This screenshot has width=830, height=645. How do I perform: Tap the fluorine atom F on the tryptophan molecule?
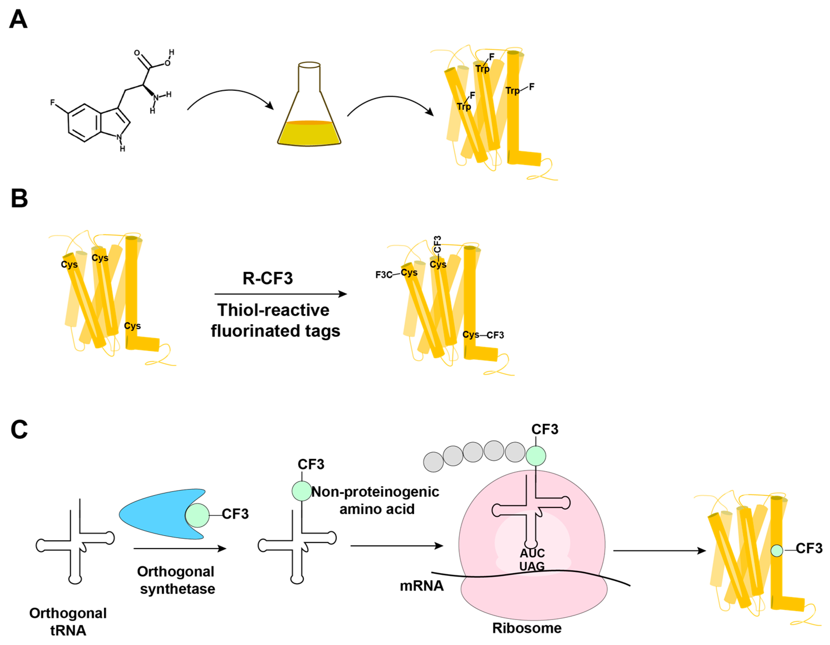(x=52, y=103)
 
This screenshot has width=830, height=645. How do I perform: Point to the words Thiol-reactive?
(x=273, y=310)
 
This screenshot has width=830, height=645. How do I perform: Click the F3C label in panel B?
(x=384, y=275)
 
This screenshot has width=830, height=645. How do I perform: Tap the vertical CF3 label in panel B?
(x=438, y=244)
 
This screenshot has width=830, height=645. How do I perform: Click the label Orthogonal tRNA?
(x=68, y=621)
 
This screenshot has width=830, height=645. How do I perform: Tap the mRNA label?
(x=421, y=586)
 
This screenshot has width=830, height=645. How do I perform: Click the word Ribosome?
(x=527, y=628)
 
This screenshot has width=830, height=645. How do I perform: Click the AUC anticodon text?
(x=532, y=553)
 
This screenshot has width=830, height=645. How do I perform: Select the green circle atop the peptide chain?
(x=536, y=456)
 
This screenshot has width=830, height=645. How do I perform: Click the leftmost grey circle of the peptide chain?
(x=433, y=462)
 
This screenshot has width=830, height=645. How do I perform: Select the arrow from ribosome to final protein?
(x=659, y=551)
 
